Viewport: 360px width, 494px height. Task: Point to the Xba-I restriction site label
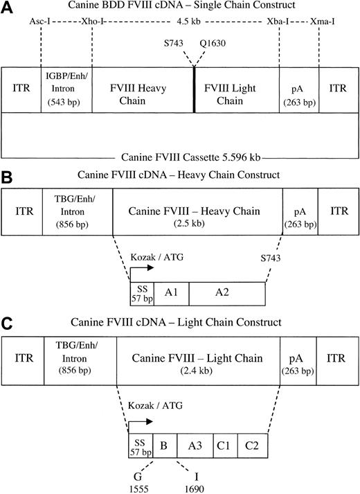[278, 21]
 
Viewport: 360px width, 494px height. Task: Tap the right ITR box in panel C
[337, 359]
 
